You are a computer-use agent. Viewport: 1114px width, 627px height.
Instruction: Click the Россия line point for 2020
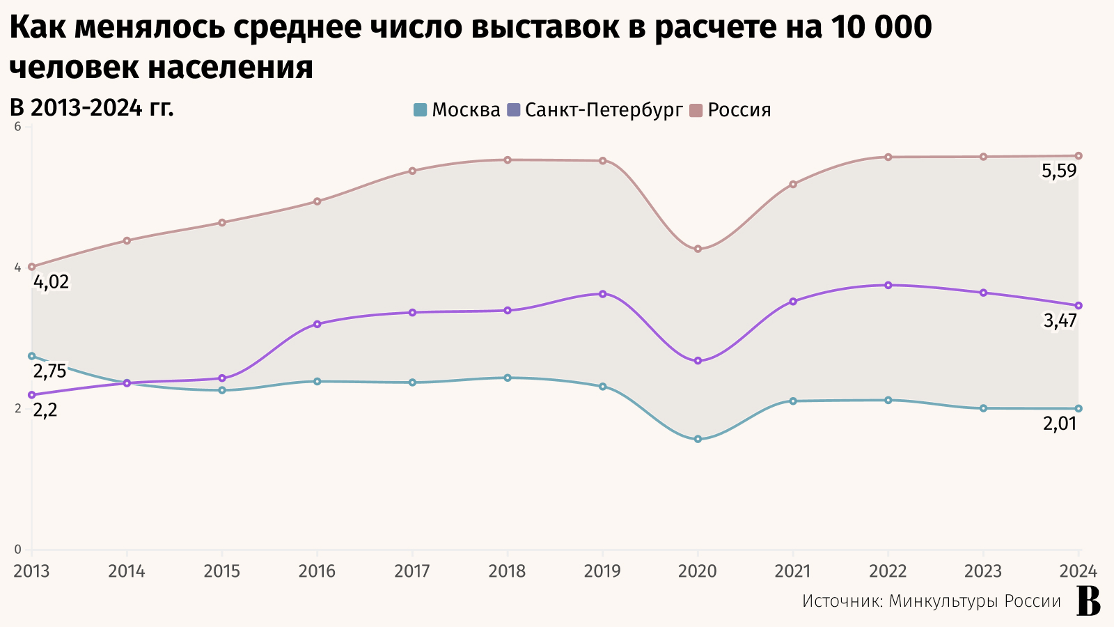(698, 249)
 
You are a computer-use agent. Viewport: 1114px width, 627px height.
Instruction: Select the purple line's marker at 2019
(603, 294)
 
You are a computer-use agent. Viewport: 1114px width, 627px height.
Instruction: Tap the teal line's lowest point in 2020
(698, 439)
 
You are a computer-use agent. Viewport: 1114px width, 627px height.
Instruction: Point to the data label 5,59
(1059, 171)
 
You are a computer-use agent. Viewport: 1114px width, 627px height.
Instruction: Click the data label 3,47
(1060, 321)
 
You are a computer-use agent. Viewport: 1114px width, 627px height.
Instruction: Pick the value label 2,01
(1060, 424)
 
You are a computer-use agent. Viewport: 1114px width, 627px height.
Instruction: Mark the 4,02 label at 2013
(52, 282)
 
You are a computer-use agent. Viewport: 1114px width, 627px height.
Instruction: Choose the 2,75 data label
(50, 371)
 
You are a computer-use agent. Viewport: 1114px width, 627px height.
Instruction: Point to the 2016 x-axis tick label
(317, 571)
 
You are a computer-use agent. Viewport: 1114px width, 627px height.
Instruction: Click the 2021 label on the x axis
(792, 571)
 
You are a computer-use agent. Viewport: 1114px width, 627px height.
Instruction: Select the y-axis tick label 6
(18, 127)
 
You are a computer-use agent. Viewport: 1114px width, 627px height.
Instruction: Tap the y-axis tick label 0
(18, 550)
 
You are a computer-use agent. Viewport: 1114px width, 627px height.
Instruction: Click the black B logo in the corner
(1088, 601)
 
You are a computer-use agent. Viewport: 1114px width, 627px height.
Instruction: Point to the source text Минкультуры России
(975, 601)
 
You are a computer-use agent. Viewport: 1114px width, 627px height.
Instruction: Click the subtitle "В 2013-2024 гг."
(91, 108)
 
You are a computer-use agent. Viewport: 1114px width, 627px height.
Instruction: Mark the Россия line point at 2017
(412, 171)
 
